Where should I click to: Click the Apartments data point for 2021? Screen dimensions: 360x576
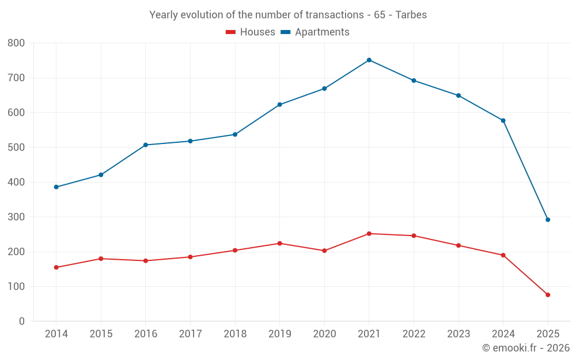pos(369,60)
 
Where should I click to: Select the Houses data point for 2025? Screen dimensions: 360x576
pos(548,295)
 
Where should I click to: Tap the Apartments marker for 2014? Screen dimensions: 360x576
pos(56,187)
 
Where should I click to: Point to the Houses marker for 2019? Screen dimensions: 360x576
pos(280,243)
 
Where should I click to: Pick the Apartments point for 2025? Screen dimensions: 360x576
pos(548,219)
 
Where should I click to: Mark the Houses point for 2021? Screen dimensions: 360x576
pos(369,234)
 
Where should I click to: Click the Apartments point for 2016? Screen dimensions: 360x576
pos(146,145)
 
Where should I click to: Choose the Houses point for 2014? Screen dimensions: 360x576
pos(56,267)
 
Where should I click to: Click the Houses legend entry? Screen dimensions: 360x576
pos(251,32)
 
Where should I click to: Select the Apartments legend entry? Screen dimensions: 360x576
pos(315,32)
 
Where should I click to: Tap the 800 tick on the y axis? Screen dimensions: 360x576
pos(16,43)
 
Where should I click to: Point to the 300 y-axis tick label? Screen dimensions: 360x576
pos(16,217)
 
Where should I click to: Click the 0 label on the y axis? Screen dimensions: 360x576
pos(22,321)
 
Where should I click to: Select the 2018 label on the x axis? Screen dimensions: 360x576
pos(235,334)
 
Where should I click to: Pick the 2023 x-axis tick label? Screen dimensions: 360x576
pos(458,334)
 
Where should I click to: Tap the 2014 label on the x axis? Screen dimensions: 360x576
pos(56,334)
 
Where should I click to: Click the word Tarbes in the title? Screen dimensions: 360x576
pos(412,15)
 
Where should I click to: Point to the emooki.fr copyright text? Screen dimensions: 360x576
pos(526,348)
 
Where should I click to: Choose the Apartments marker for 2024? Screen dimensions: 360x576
pos(503,120)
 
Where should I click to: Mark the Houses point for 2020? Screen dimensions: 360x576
pos(324,251)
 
